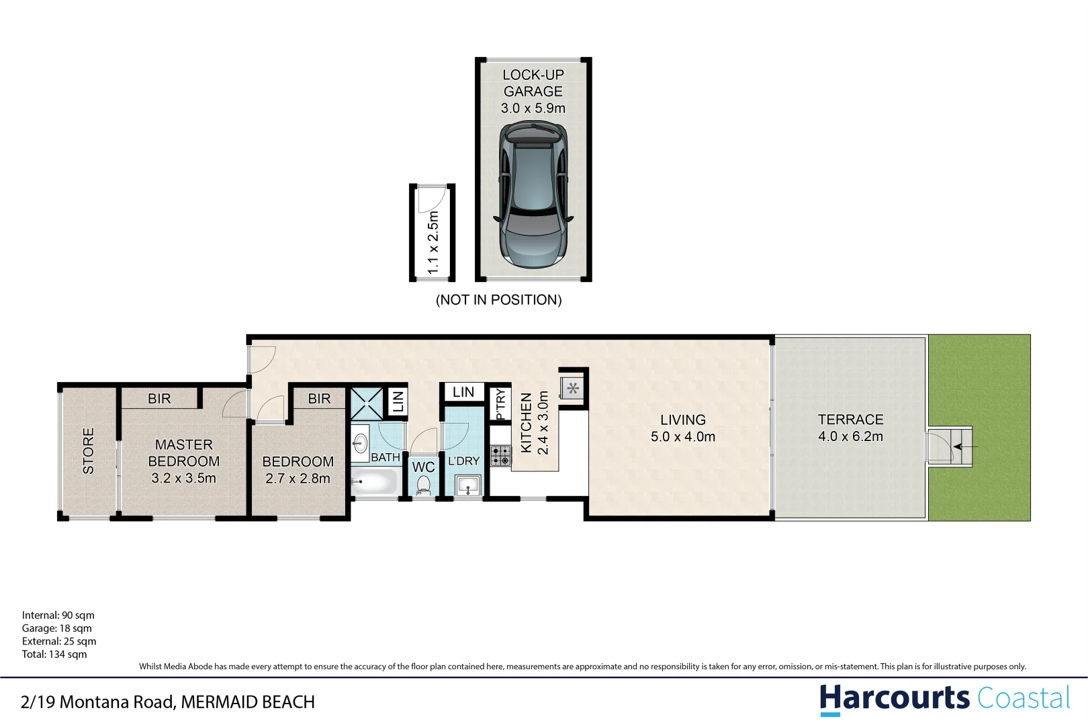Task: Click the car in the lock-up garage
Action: [533, 195]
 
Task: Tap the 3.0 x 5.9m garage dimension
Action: [533, 108]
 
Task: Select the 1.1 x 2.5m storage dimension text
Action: [433, 242]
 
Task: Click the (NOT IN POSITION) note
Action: [498, 300]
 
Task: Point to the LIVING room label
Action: [682, 420]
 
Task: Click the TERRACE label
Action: [850, 420]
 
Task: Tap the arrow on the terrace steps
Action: [965, 446]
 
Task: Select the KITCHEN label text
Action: [527, 423]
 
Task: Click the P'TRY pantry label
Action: [500, 404]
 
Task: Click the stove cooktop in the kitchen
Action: [500, 456]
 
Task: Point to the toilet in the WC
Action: [424, 484]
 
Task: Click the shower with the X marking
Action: [367, 403]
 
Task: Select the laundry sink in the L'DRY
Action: [468, 485]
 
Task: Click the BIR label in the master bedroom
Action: [159, 399]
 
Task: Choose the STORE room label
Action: [88, 451]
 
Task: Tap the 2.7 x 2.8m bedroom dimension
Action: [298, 479]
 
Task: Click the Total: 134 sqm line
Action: [54, 655]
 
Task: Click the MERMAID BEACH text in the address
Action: [248, 702]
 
